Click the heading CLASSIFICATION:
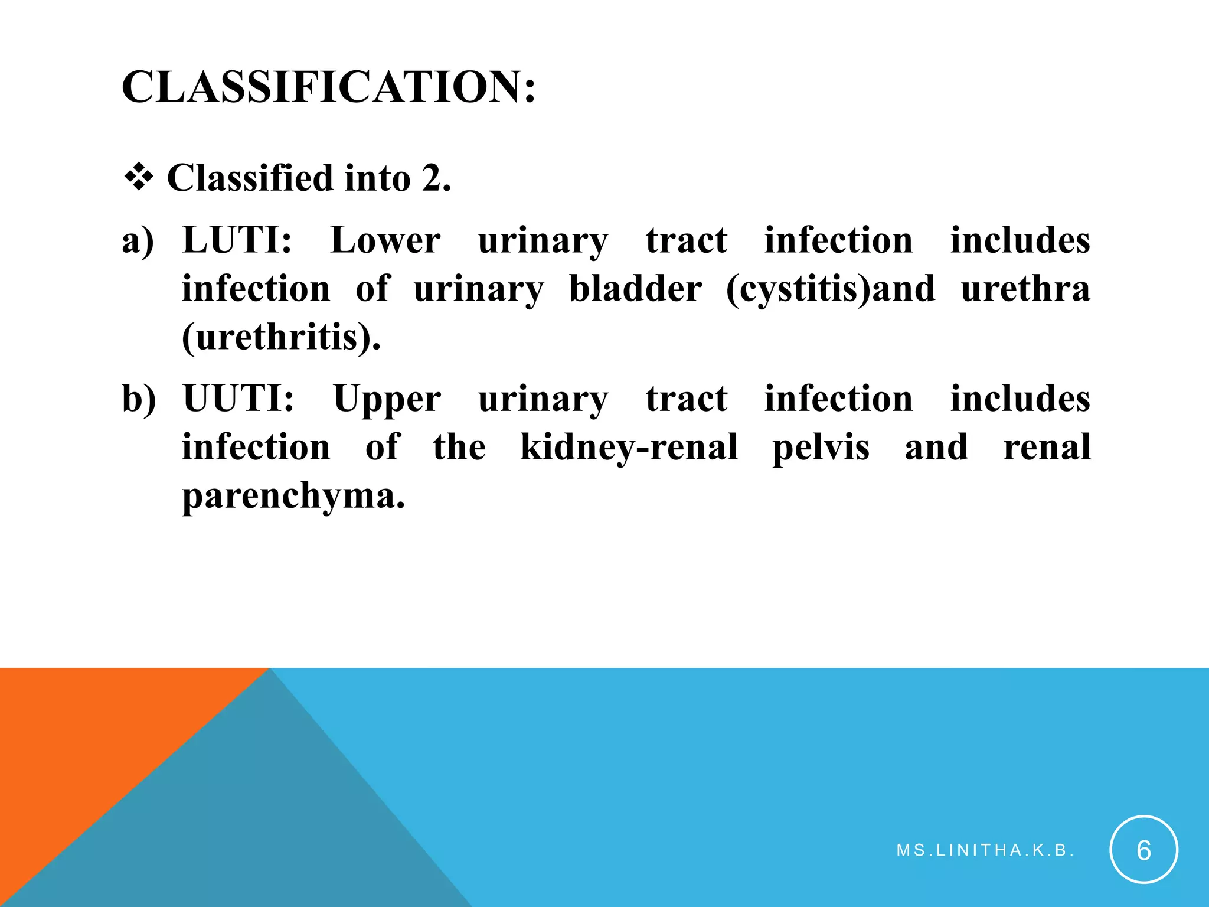328,87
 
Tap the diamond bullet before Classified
139,178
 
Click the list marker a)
138,241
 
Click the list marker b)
139,399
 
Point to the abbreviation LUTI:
237,240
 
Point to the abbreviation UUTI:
238,399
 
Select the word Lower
385,240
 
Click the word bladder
635,289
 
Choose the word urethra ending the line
1025,289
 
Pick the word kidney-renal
629,448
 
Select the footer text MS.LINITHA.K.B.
985,850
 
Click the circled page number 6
1143,850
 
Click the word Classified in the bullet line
250,178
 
